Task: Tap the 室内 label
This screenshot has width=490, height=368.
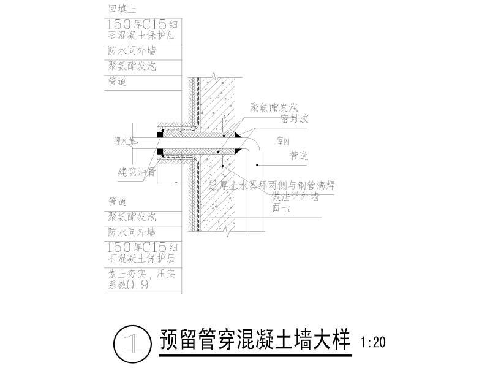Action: pos(282,141)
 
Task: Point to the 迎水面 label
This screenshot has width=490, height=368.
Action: pos(123,142)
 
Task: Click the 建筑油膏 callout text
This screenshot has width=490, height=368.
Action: pos(137,172)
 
